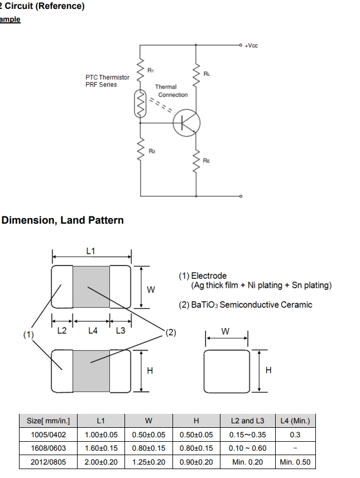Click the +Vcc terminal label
click(x=252, y=46)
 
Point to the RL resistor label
click(x=207, y=73)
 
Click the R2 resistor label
click(x=151, y=151)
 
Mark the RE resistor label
click(x=207, y=161)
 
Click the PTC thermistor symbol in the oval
click(x=140, y=104)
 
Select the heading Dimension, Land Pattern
click(x=63, y=220)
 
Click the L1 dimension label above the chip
click(x=91, y=251)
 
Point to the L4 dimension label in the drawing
click(x=93, y=331)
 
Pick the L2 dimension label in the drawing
click(x=62, y=331)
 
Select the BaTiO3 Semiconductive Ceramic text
click(x=245, y=305)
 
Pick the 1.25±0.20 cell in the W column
click(x=148, y=462)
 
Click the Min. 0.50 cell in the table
click(x=295, y=462)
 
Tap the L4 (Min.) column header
click(x=295, y=421)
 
